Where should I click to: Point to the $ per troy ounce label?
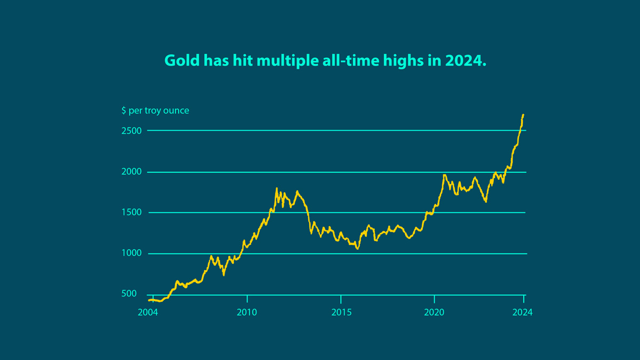[x=155, y=110]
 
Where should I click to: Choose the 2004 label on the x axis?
[x=148, y=313]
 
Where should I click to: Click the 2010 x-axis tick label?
[x=247, y=313]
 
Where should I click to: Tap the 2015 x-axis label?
[x=341, y=313]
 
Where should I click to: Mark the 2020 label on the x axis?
[x=435, y=313]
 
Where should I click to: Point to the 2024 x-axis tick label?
[x=523, y=313]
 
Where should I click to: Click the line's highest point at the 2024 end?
[x=523, y=115]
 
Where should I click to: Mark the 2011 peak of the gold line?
[x=276, y=188]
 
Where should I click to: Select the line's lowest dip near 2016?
[x=357, y=249]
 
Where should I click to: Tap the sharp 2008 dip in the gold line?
[x=223, y=275]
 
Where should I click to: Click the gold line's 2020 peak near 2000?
[x=444, y=175]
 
